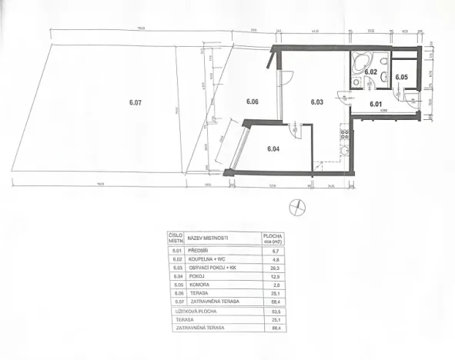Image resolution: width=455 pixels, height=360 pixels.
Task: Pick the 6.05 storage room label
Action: pos(401,77)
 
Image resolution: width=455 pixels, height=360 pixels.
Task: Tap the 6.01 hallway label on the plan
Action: pos(376,104)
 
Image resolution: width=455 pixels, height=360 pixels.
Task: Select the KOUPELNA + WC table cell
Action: pos(207,259)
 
